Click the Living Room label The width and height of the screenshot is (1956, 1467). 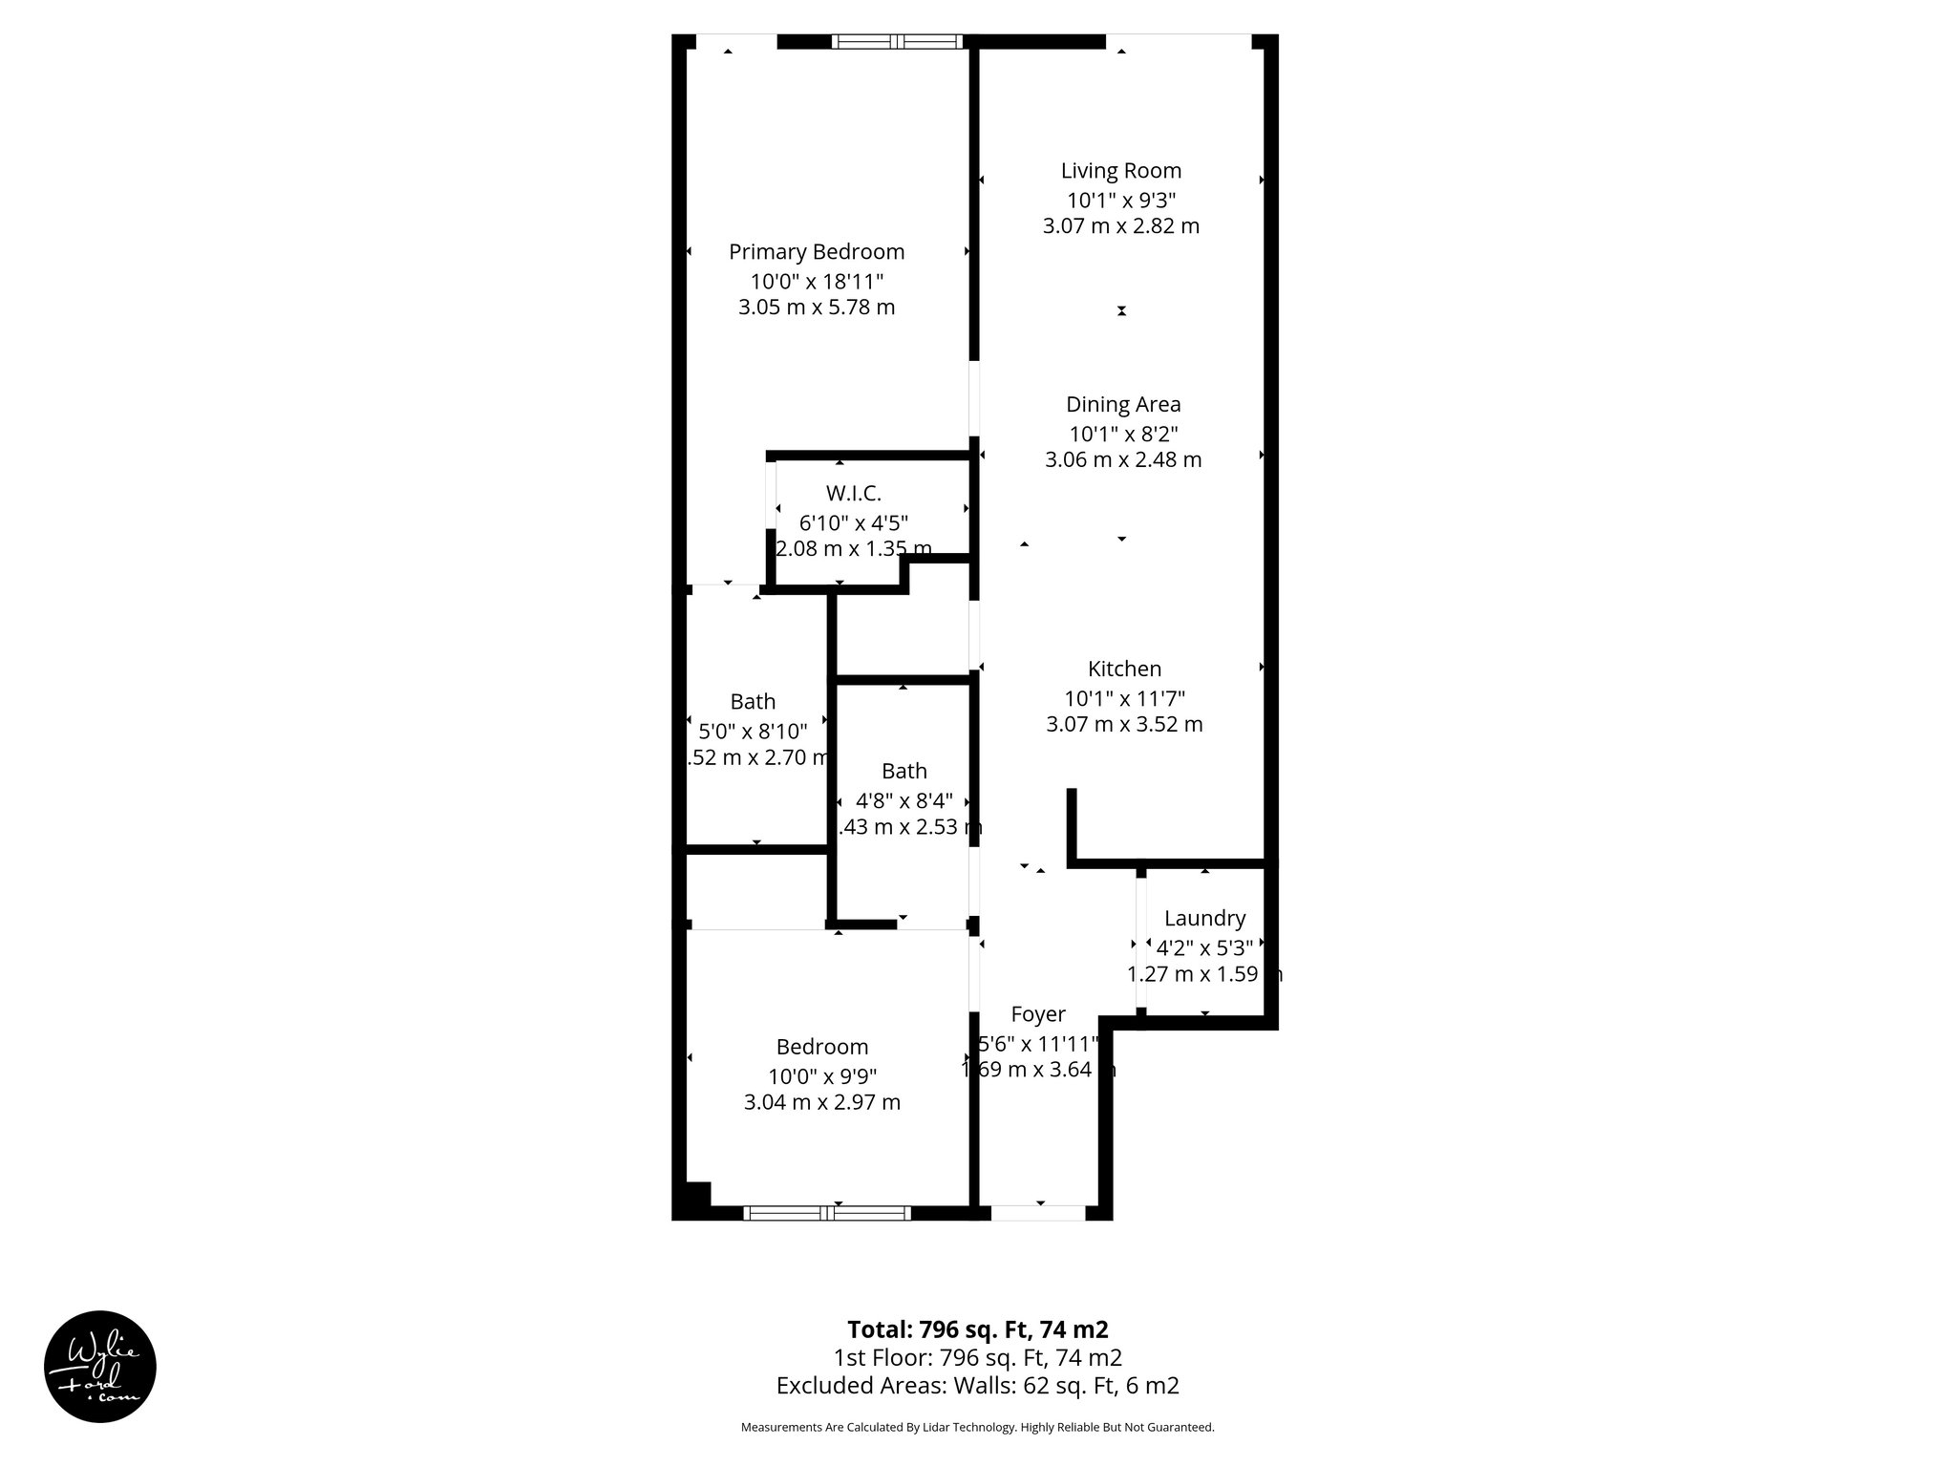[1120, 171]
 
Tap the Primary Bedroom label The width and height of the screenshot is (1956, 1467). [817, 252]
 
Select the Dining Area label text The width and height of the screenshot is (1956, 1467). [1123, 405]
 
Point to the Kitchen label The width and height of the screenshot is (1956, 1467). [1124, 670]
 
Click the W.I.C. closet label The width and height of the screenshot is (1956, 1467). [853, 494]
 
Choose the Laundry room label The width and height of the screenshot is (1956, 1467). [1204, 919]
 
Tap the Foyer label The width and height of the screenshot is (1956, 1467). [1038, 1014]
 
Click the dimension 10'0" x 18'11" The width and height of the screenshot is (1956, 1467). [817, 282]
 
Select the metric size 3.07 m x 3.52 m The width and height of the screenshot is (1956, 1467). [1124, 725]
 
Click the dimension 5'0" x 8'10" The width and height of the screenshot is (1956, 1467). [753, 732]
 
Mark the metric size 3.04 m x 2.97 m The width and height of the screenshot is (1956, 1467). [822, 1103]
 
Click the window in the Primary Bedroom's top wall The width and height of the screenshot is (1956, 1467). [896, 41]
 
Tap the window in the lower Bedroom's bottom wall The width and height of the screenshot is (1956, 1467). [827, 1213]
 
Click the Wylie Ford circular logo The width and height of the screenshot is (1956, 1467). [99, 1367]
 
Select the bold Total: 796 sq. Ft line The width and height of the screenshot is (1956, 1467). [977, 1329]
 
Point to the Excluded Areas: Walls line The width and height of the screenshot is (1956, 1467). [977, 1386]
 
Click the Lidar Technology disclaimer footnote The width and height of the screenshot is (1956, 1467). [977, 1428]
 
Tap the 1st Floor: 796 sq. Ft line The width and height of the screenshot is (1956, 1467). [977, 1357]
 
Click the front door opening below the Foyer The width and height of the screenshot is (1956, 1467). [1038, 1213]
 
